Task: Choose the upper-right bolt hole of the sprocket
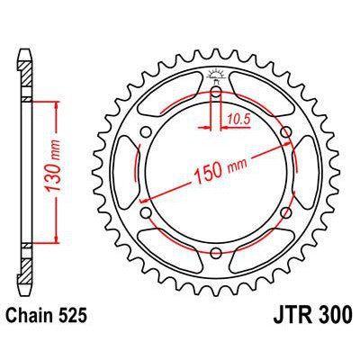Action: [286, 135]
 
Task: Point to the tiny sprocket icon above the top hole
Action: [217, 74]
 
